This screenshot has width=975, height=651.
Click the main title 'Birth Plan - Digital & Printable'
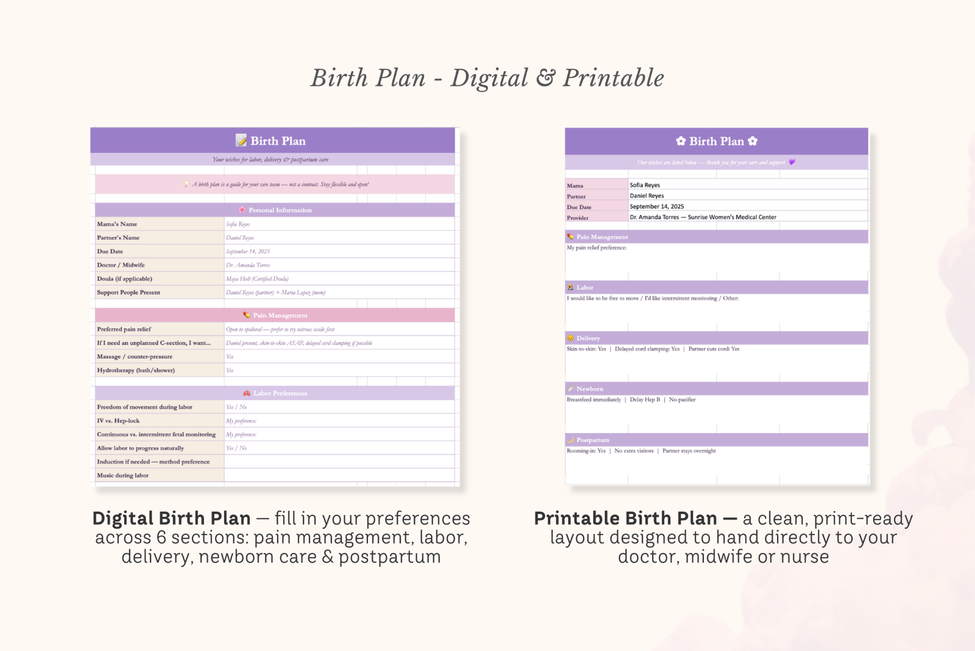click(487, 78)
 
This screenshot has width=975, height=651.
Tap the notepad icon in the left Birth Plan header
click(241, 140)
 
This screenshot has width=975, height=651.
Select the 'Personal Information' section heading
click(280, 210)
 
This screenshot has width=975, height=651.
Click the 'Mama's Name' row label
click(117, 224)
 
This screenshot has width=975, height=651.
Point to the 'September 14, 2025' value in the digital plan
click(248, 251)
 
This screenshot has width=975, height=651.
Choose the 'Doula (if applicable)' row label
click(124, 279)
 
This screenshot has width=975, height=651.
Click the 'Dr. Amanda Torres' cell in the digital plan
click(248, 265)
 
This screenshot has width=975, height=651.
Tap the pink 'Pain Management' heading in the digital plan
click(280, 315)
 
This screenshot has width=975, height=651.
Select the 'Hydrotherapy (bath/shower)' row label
click(136, 370)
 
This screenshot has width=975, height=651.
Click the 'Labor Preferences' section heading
click(280, 394)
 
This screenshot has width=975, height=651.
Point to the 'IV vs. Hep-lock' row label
click(118, 421)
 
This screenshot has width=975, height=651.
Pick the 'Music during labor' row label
click(122, 475)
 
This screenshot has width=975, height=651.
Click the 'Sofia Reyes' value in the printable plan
click(645, 185)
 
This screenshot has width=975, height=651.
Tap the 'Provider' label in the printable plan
click(578, 218)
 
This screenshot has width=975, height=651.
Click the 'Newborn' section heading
click(589, 389)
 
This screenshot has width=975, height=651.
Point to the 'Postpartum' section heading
click(592, 440)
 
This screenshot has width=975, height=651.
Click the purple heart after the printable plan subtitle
click(792, 162)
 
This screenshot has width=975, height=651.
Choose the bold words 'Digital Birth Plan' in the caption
click(171, 518)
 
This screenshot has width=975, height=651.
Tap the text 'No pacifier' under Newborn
click(682, 400)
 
